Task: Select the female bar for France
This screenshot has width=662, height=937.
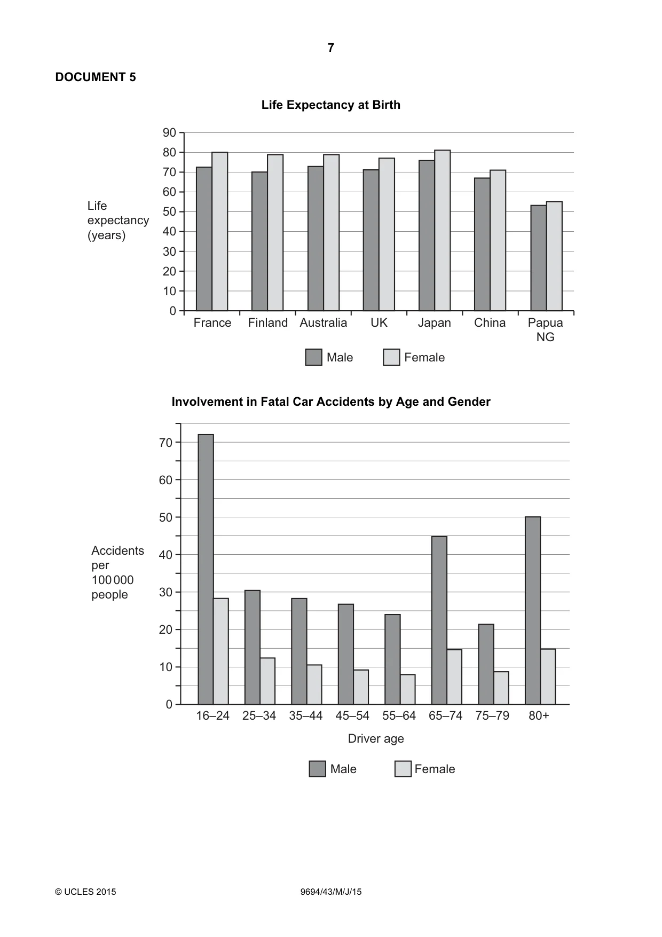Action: (220, 231)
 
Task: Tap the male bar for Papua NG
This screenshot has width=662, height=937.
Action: (538, 258)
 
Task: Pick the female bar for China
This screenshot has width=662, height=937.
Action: (498, 240)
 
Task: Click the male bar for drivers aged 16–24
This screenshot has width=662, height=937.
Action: (206, 569)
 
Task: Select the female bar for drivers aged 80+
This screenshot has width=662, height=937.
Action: (548, 676)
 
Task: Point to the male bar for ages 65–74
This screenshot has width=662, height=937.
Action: (439, 620)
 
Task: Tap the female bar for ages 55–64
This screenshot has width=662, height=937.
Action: (408, 689)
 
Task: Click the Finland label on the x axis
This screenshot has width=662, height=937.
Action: (268, 323)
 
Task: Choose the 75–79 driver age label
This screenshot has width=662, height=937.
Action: (492, 716)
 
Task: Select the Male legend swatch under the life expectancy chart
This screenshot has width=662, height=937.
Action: (314, 357)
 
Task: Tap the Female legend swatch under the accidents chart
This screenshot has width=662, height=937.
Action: (403, 769)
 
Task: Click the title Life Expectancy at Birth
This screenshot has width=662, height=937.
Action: (331, 105)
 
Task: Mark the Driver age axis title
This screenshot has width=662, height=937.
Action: (376, 738)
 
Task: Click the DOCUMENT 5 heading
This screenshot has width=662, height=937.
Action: (96, 77)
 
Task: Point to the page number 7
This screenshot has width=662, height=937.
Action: (331, 48)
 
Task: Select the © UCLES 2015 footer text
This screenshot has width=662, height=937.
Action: (85, 892)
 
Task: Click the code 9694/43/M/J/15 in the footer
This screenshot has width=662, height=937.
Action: (331, 892)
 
